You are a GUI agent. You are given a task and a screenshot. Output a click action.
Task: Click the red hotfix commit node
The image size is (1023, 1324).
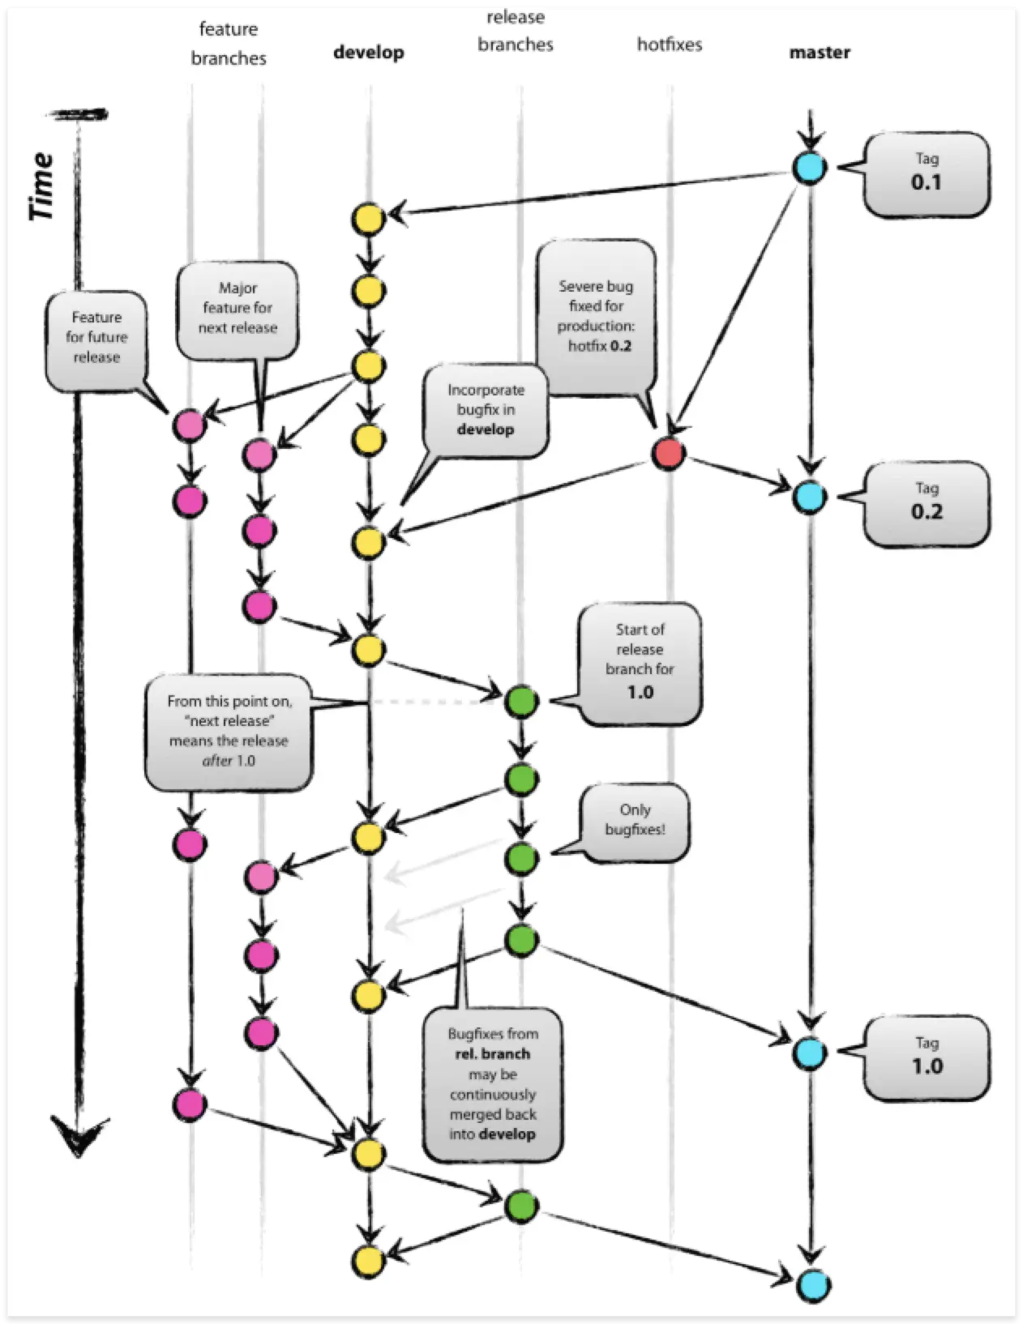[x=668, y=454]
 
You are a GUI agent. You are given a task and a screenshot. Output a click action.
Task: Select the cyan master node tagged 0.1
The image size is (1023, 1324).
[x=809, y=168]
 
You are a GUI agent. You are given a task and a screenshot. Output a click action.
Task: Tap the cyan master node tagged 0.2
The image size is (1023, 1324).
[x=809, y=497]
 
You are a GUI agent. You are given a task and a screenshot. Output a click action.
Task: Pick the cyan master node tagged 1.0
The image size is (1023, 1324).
[x=809, y=1053]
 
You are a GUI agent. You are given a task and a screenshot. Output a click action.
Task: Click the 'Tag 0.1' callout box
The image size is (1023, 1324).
[x=927, y=173]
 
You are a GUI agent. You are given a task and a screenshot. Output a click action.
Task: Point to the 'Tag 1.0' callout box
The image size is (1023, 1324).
[x=927, y=1057]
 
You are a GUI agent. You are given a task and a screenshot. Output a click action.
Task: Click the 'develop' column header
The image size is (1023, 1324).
[x=369, y=53]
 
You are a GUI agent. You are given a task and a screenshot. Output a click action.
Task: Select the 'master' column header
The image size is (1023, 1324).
[x=820, y=53]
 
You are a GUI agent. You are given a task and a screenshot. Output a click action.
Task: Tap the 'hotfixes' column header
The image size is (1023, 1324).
[x=670, y=45]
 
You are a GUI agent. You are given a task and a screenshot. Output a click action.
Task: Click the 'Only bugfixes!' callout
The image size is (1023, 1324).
[x=636, y=820]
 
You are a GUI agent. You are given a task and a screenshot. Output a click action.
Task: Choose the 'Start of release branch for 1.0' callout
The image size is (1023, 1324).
[x=640, y=661]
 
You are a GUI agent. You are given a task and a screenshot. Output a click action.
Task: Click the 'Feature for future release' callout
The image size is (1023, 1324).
[x=96, y=338]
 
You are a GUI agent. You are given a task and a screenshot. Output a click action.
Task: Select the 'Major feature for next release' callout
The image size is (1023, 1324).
[x=238, y=309]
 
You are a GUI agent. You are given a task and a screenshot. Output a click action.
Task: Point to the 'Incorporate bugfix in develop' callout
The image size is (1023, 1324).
[x=486, y=410]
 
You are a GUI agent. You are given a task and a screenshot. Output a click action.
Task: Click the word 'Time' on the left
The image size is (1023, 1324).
[x=41, y=186]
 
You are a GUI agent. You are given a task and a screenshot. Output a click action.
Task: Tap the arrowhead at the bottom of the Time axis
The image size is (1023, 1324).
[x=78, y=1134]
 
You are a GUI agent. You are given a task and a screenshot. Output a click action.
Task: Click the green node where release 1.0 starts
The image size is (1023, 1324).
[x=521, y=701]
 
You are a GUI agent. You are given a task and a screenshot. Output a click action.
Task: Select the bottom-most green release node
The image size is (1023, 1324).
[x=521, y=1207]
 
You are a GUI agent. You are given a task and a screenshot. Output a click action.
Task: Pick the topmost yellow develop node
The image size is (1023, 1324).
[x=368, y=219]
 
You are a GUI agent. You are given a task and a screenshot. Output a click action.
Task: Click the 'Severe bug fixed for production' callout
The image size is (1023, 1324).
[x=596, y=316]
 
